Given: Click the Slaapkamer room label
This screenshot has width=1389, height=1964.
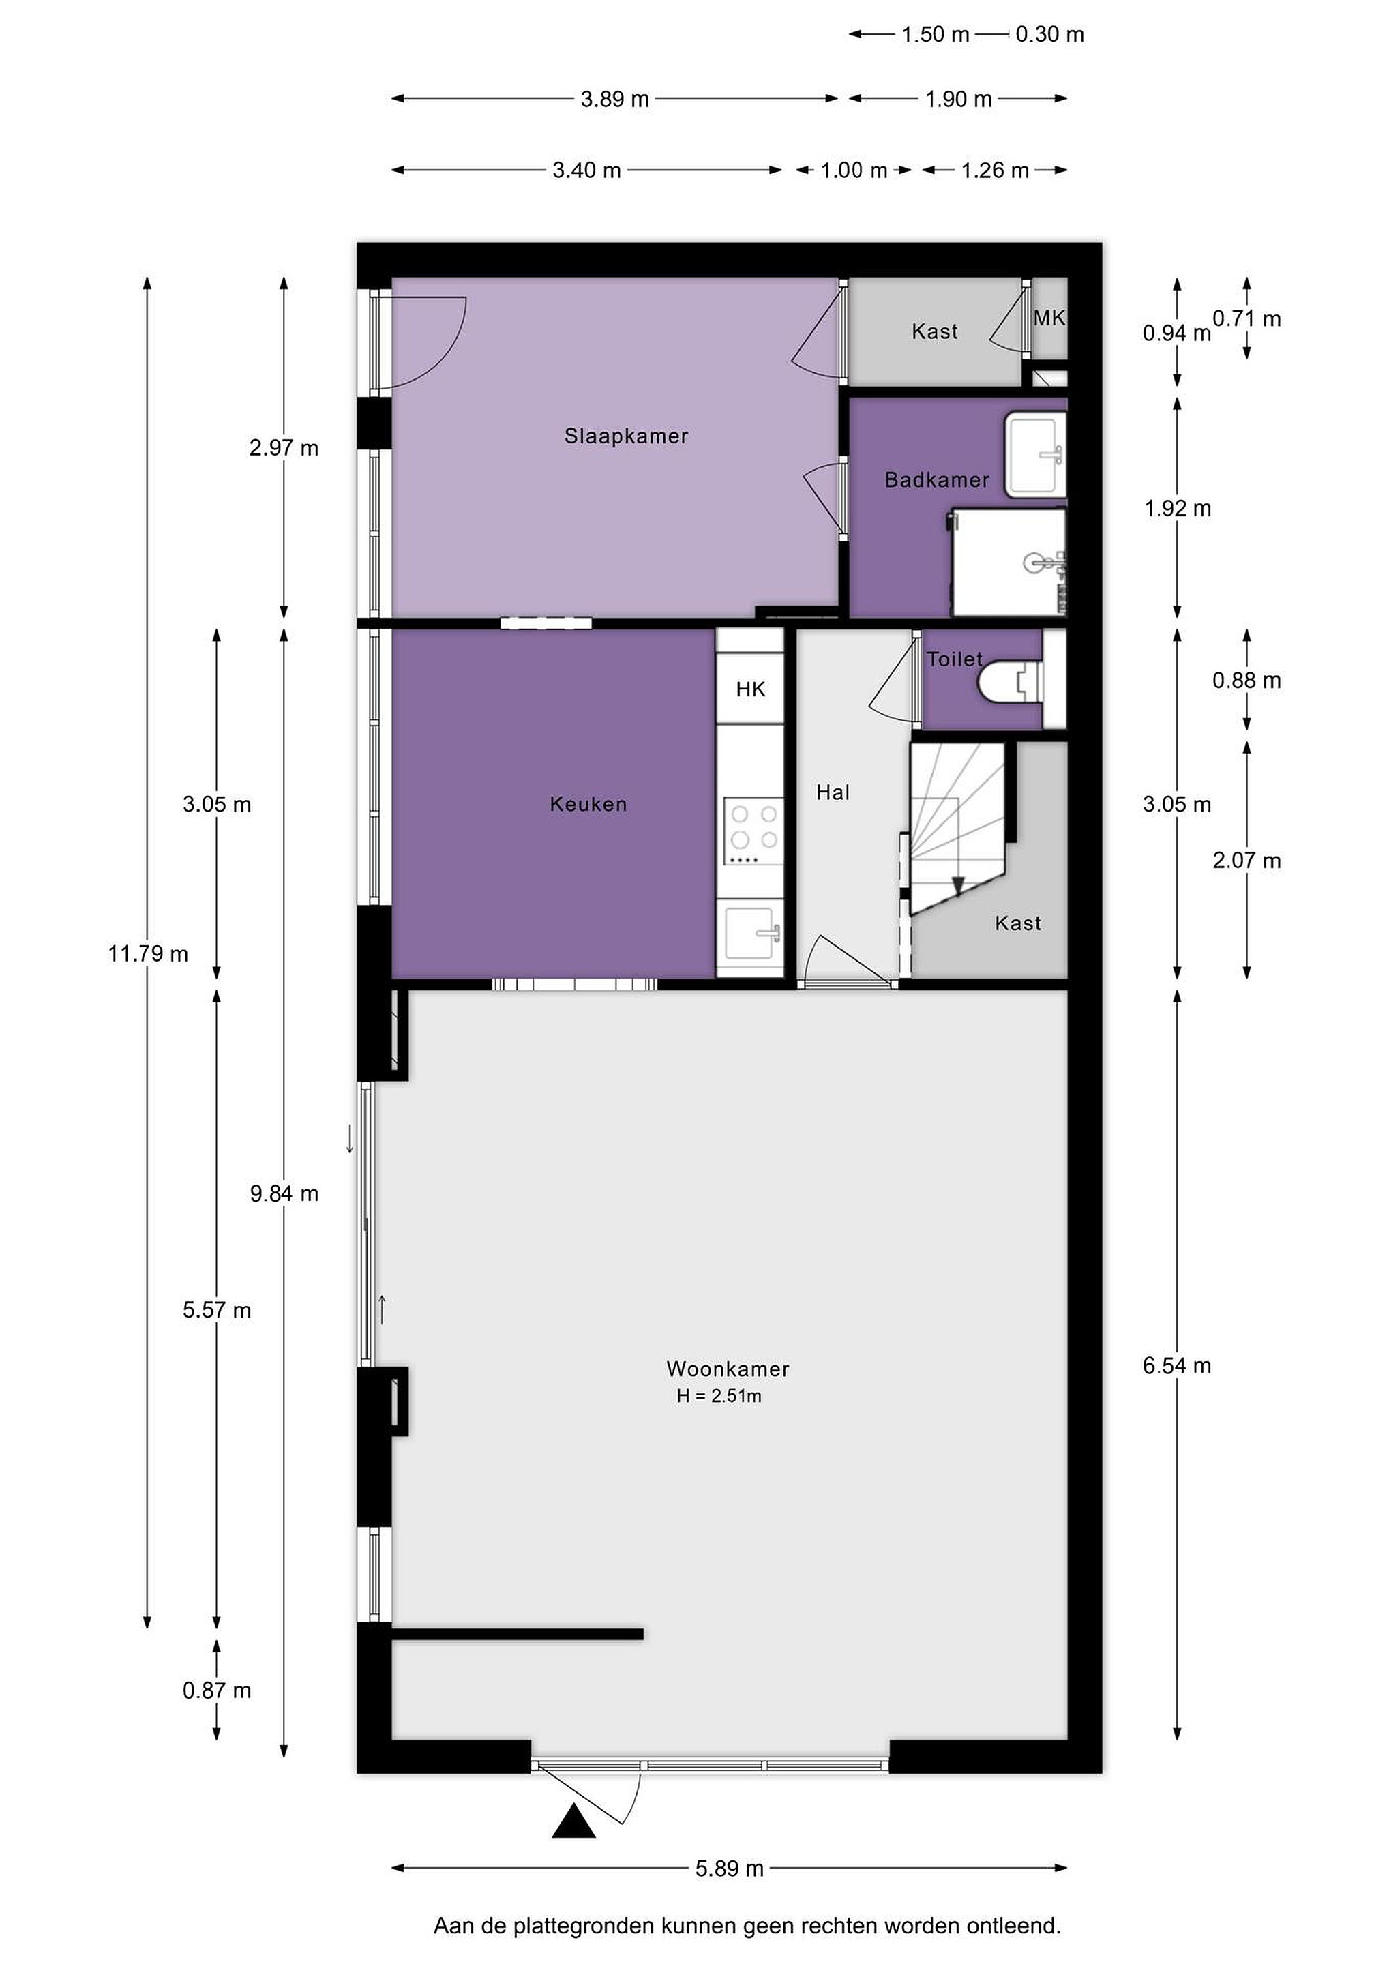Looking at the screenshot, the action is tap(626, 436).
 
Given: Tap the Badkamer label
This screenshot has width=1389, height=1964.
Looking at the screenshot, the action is tap(936, 480).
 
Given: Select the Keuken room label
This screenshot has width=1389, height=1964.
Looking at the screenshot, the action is tap(588, 804).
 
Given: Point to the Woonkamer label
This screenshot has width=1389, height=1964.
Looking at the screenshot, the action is tap(728, 1369).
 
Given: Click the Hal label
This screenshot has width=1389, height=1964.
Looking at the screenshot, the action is tap(833, 793).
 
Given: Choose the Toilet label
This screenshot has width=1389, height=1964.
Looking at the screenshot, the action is tap(955, 659).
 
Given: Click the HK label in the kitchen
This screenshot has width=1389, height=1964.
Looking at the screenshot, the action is tap(750, 689).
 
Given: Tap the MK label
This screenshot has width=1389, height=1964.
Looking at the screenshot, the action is tap(1049, 318).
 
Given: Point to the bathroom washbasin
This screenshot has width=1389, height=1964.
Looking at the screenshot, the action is tap(1035, 453).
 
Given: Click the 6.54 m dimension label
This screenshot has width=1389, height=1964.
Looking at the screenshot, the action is tap(1177, 1365).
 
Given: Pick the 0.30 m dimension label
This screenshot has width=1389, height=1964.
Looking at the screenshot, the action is tap(1049, 34).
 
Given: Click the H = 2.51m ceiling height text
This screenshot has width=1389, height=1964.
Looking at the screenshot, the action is tap(719, 1396).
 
